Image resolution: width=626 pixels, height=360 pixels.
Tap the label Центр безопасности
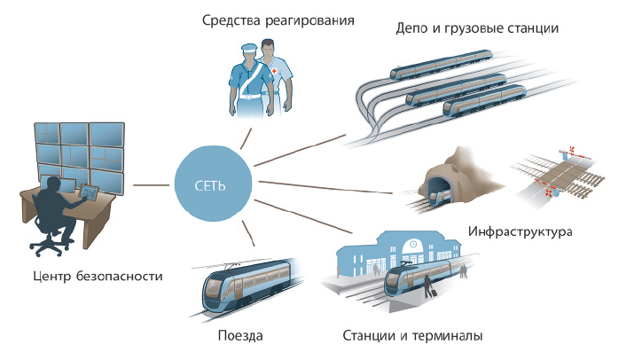coord(96,276)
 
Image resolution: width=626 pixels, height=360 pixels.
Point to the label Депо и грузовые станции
coord(477,28)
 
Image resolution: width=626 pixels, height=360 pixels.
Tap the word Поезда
coord(240,336)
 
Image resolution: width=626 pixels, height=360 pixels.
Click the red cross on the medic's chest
coord(275,70)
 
